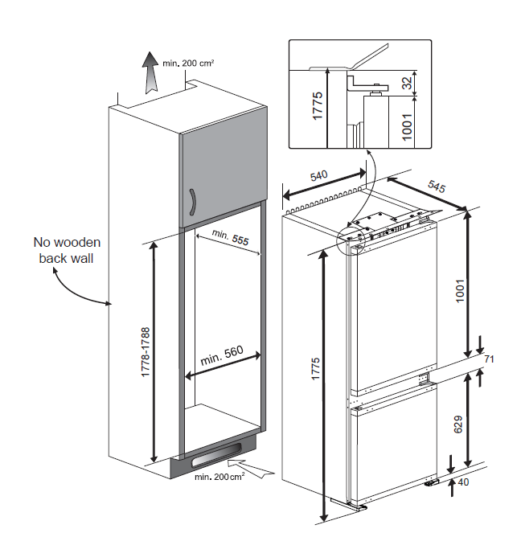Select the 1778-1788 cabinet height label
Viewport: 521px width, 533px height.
pos(146,353)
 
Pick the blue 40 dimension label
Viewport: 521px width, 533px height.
pos(463,482)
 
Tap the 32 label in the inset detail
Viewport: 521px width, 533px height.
pos(408,82)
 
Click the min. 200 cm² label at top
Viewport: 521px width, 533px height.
pos(188,61)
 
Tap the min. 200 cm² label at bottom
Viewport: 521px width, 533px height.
pos(219,478)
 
